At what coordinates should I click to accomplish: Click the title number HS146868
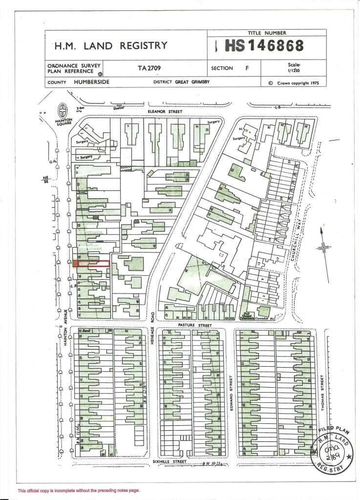[264, 46]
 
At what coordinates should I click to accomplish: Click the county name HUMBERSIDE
[92, 82]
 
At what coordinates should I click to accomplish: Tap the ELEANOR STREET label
[165, 112]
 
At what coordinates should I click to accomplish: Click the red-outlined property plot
[91, 264]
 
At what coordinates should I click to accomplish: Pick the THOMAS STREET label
[323, 388]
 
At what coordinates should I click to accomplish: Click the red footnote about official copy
[79, 490]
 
